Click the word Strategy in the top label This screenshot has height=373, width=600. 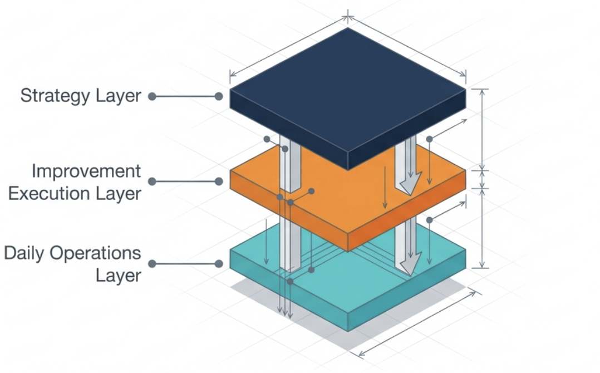tap(55, 96)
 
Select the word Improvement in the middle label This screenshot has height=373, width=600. tap(86, 171)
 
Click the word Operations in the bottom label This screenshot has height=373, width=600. tap(95, 254)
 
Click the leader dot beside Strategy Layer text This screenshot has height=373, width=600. tap(152, 96)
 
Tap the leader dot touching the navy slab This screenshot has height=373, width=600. tap(219, 96)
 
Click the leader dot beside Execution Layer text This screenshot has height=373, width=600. tap(152, 181)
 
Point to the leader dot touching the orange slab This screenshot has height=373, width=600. tap(219, 181)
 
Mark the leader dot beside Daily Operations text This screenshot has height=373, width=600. tap(152, 263)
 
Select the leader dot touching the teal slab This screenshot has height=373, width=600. tap(219, 263)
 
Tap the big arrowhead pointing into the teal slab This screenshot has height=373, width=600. tap(411, 264)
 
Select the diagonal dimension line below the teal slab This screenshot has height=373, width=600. tap(417, 323)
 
